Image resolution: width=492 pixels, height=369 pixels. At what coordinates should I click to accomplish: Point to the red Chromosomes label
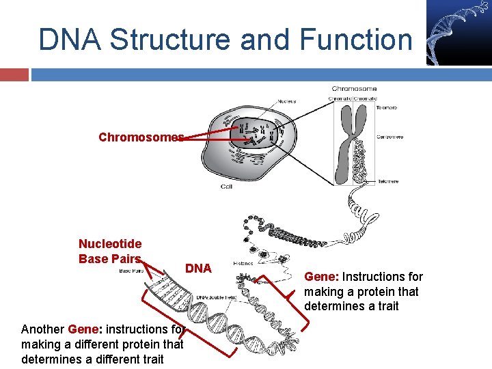pos(141,137)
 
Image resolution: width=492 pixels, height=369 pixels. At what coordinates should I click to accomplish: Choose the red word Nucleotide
pos(110,244)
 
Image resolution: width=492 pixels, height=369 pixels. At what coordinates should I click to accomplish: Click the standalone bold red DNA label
pos(198,269)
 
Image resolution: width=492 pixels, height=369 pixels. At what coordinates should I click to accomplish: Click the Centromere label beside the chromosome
pos(389,137)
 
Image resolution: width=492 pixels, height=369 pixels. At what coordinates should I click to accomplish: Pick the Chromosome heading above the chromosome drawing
pos(354,89)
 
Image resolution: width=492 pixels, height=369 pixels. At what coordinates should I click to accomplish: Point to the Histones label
pos(243,263)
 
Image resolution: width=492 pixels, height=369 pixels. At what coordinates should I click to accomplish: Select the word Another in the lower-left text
pos(43,329)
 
